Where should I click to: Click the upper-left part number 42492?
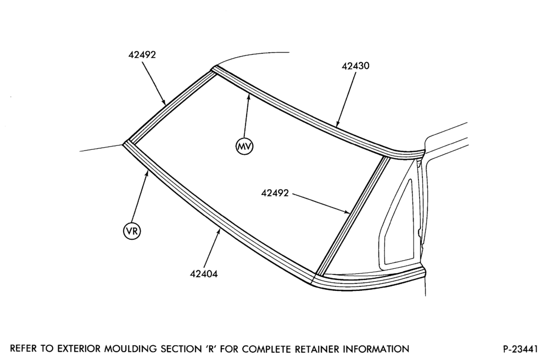click(142, 55)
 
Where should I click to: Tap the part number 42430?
click(355, 66)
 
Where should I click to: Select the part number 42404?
click(204, 274)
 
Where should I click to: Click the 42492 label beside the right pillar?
click(275, 193)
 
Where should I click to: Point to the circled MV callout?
click(244, 147)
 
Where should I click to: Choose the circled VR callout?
click(132, 230)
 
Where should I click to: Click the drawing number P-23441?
click(520, 349)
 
